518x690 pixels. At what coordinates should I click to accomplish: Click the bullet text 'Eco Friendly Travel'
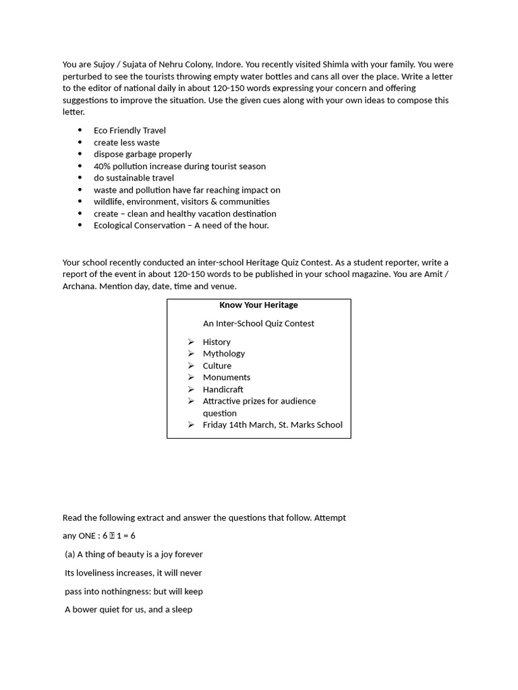click(129, 130)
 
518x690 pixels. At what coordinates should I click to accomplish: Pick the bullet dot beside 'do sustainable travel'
click(80, 178)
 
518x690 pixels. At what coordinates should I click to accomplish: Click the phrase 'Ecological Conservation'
click(140, 225)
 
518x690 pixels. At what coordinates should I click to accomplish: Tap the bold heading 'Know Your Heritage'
click(258, 305)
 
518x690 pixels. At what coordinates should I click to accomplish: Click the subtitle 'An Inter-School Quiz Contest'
click(258, 323)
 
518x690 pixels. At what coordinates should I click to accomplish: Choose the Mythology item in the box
click(223, 354)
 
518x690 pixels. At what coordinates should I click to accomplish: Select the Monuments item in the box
click(226, 377)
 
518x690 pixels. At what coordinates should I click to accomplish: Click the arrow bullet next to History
click(191, 342)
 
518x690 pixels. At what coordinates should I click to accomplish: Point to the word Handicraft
click(223, 389)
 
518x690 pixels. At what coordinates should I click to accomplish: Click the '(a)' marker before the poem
click(69, 555)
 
